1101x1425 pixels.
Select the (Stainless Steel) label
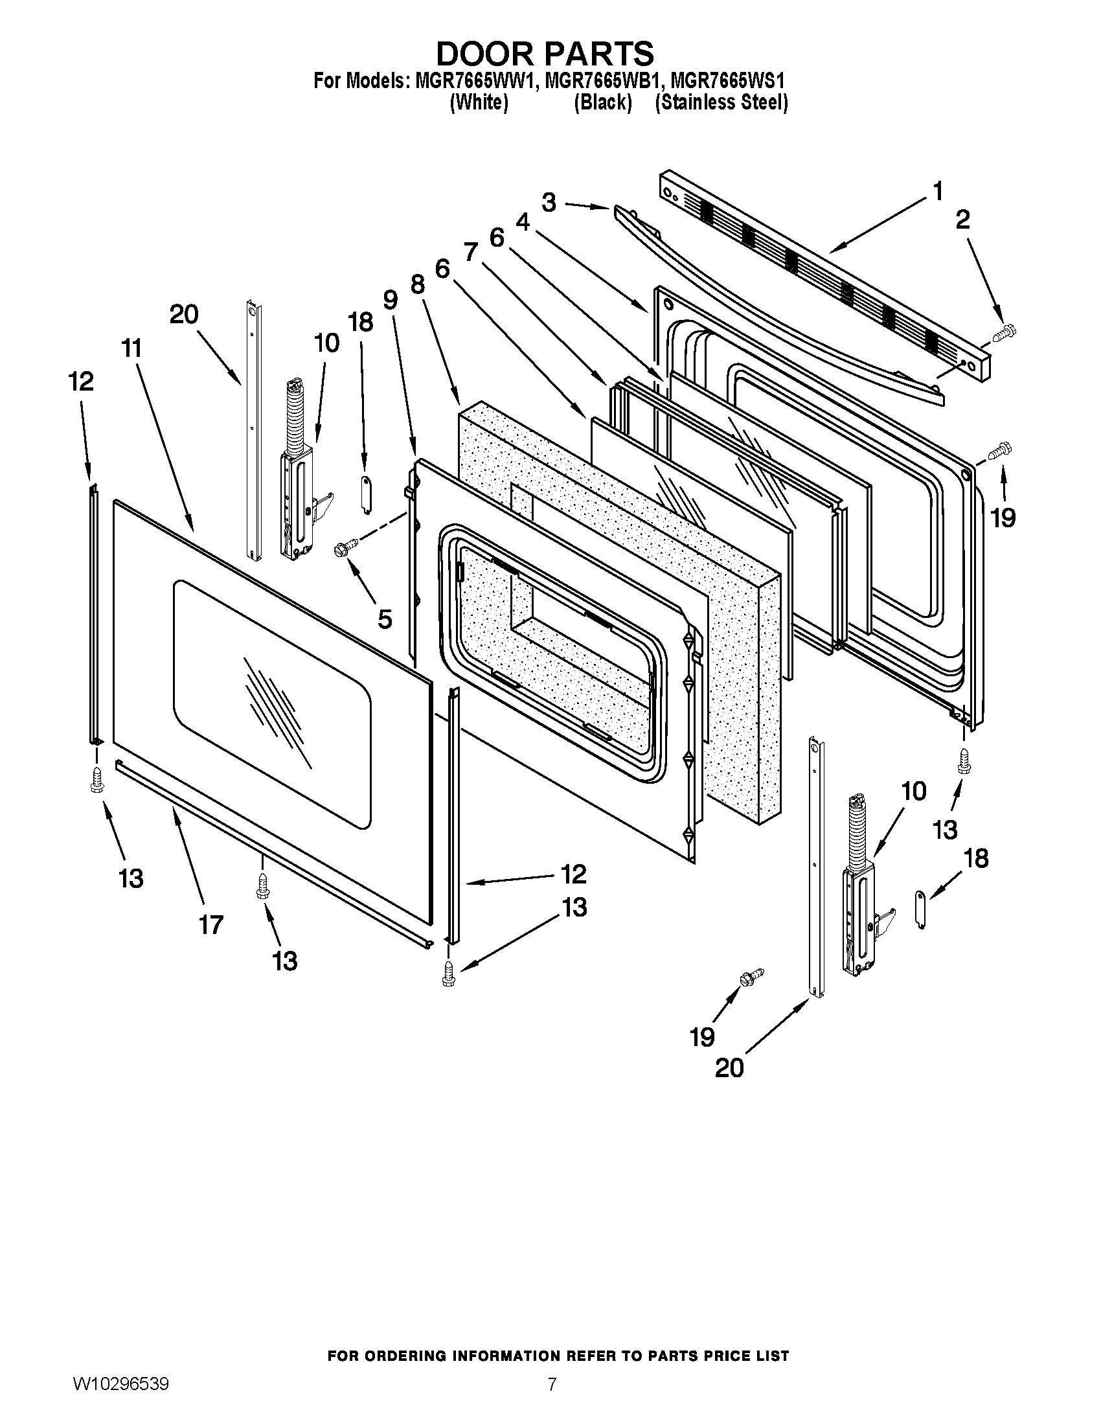(x=721, y=102)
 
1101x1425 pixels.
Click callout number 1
(x=937, y=192)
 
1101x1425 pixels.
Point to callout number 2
(x=962, y=220)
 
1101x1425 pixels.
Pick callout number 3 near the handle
(x=549, y=202)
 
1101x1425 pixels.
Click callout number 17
(x=211, y=924)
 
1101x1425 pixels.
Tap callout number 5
(x=385, y=619)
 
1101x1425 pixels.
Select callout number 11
(x=131, y=348)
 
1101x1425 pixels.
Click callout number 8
(x=418, y=284)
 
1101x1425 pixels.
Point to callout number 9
(x=390, y=299)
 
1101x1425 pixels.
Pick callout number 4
(x=523, y=222)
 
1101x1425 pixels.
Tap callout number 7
(x=471, y=252)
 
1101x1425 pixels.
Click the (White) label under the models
(x=479, y=102)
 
